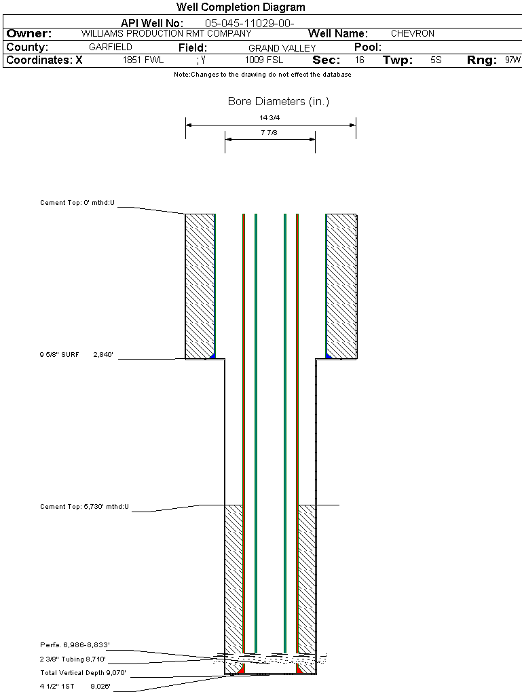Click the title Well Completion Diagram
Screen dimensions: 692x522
coord(240,7)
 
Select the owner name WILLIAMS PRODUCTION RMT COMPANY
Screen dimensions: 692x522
coord(166,33)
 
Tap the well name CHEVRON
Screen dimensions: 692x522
coord(412,33)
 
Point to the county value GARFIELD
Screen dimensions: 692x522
coord(111,47)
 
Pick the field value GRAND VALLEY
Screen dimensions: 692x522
coord(282,48)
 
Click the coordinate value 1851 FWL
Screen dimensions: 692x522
coord(143,60)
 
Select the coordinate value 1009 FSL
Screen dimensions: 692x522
coord(263,60)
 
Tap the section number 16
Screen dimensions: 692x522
coord(359,60)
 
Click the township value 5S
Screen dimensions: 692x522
coord(436,60)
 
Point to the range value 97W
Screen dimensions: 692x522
coord(512,60)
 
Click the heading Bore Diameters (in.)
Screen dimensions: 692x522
coord(278,102)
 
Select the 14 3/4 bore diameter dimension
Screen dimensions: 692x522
coord(269,118)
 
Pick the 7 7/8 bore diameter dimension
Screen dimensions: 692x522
coord(269,133)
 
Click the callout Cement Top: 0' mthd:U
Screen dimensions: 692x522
coord(78,203)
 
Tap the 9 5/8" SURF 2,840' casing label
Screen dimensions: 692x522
coord(80,354)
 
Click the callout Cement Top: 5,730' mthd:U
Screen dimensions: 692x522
coord(84,507)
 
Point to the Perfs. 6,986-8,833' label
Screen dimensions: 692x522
coord(75,645)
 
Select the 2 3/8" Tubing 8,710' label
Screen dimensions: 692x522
coord(73,659)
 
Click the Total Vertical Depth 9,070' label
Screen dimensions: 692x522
coord(83,673)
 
